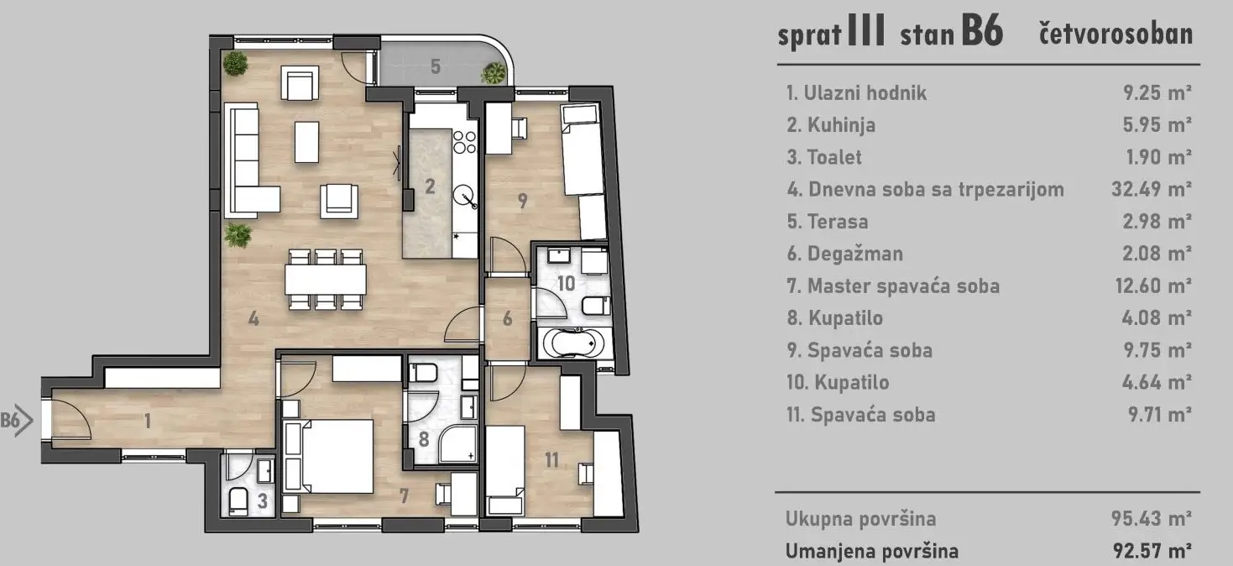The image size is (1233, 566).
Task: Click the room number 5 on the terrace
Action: pos(436,66)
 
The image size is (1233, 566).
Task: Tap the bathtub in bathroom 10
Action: pos(572,343)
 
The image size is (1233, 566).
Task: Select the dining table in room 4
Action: pos(326,279)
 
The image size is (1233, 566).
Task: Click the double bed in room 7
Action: pos(329,457)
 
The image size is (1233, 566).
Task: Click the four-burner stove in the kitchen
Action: pos(464,141)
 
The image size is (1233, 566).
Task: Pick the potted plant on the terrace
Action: pos(494,73)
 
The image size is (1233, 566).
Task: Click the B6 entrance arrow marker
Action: pos(17,421)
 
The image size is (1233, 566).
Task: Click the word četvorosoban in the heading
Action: pos(1115,34)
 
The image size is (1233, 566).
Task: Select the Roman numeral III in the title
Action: pos(866,31)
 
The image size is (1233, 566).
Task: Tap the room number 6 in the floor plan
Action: pos(508,318)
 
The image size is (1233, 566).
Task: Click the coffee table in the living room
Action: pos(306,141)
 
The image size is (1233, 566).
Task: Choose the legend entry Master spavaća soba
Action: pos(903,286)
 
